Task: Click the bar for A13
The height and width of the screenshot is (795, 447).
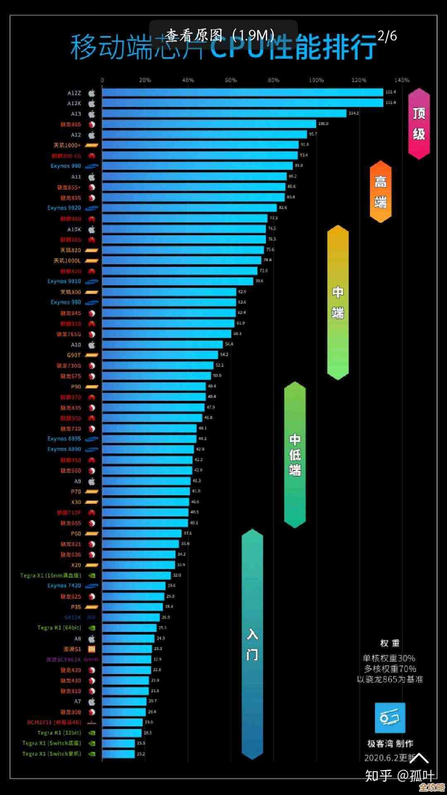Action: pos(224,113)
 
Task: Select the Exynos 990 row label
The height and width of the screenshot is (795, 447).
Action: pos(66,166)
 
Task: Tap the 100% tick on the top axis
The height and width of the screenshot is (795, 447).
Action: pos(316,80)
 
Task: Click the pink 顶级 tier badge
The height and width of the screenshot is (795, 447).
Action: pos(419,123)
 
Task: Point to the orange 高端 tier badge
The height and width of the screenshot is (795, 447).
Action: pos(380,192)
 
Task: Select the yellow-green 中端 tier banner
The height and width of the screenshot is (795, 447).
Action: pos(338,302)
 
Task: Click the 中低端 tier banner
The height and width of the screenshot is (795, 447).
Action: pos(295,455)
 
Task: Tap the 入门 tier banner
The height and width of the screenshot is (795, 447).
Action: pos(252,644)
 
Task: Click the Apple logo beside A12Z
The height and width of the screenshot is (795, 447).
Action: pos(91,93)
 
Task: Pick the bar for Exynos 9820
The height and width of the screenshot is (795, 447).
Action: pos(189,208)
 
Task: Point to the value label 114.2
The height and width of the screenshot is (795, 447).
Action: pos(353,113)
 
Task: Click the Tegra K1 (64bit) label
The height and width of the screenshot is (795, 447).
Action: pos(59,628)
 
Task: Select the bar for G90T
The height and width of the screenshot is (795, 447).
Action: pos(160,355)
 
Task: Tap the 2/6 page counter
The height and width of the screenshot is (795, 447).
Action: pos(387,36)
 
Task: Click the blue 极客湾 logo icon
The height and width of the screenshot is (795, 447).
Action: pos(389,718)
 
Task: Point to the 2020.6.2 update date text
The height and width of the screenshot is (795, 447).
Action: pos(389,758)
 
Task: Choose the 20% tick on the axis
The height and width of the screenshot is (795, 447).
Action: pos(145,80)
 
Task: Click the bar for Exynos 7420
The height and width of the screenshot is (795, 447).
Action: pos(134,586)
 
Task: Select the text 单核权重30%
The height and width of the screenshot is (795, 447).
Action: pos(389,658)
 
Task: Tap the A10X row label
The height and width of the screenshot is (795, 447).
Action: pos(74,229)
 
